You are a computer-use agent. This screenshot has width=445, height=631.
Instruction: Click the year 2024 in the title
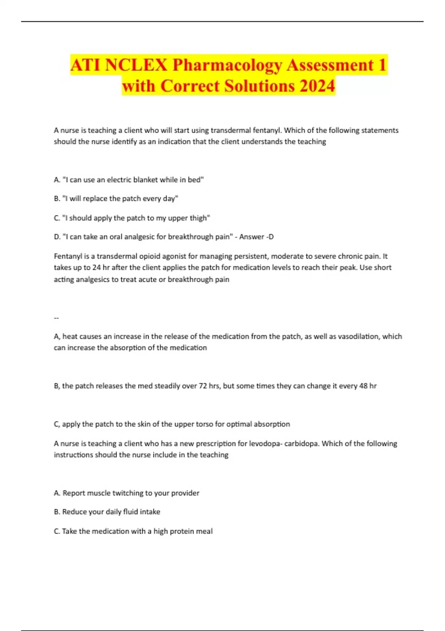point(317,86)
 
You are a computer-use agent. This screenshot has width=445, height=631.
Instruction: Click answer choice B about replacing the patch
point(116,199)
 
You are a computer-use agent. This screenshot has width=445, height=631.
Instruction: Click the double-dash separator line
point(56,318)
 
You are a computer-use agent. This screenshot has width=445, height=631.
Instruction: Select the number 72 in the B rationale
point(203,386)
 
